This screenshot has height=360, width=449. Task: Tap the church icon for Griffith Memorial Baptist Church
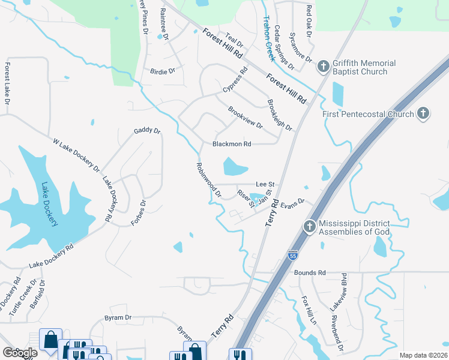(323, 67)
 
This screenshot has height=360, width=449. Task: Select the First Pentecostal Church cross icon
(423, 113)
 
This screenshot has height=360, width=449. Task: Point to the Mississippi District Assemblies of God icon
(309, 227)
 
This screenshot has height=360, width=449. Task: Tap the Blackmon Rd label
(231, 144)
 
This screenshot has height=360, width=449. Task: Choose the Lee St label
(265, 184)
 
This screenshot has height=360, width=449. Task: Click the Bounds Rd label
(309, 272)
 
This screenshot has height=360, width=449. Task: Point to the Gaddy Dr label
(147, 130)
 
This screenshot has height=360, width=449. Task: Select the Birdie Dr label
(163, 71)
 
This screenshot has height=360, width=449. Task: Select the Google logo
(19, 352)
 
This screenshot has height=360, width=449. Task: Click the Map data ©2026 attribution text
(423, 355)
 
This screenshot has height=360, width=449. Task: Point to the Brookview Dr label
(245, 118)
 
